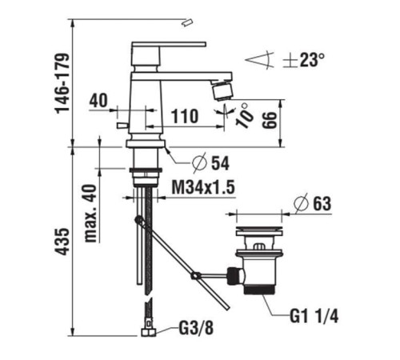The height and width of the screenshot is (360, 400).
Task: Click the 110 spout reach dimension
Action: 186,116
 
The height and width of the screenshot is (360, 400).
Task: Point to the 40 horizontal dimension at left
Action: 98,100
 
